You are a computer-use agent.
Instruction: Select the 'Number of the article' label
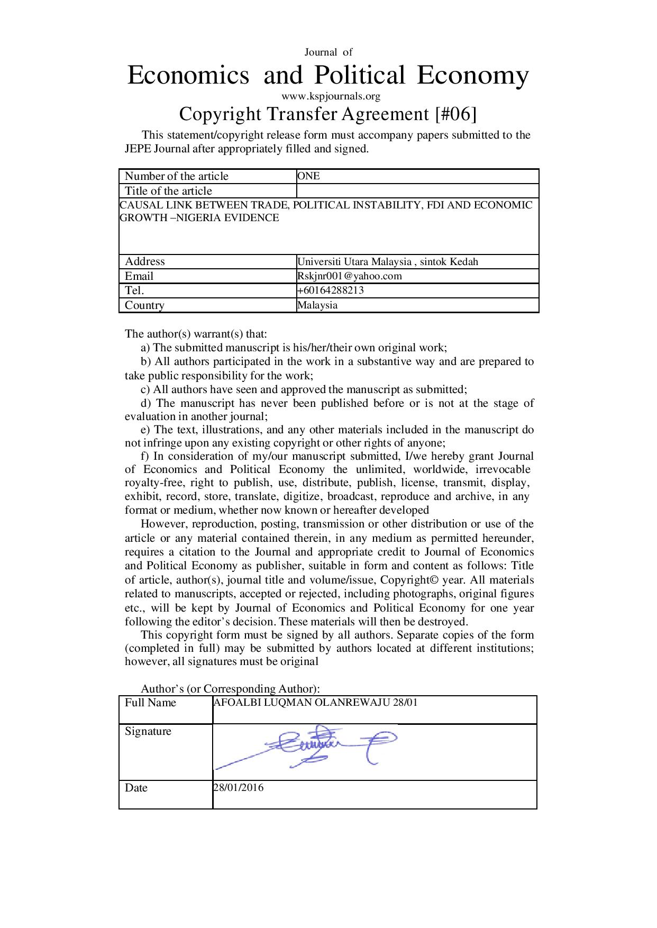pyautogui.click(x=176, y=176)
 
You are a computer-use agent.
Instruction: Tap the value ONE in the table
pyautogui.click(x=309, y=176)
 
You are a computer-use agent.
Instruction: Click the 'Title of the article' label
pyautogui.click(x=168, y=191)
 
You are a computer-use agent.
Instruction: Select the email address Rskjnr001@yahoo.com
pyautogui.click(x=349, y=276)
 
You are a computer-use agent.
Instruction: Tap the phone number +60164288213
pyautogui.click(x=331, y=290)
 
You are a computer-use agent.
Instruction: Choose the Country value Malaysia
pyautogui.click(x=317, y=305)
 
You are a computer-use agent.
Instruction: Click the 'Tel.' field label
pyautogui.click(x=134, y=290)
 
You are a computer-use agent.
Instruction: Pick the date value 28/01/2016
pyautogui.click(x=239, y=787)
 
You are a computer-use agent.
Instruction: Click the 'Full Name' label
pyautogui.click(x=150, y=703)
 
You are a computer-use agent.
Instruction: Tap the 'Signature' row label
pyautogui.click(x=148, y=731)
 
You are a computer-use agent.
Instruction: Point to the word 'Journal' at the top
pyautogui.click(x=321, y=52)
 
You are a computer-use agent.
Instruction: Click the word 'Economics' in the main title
pyautogui.click(x=188, y=75)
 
